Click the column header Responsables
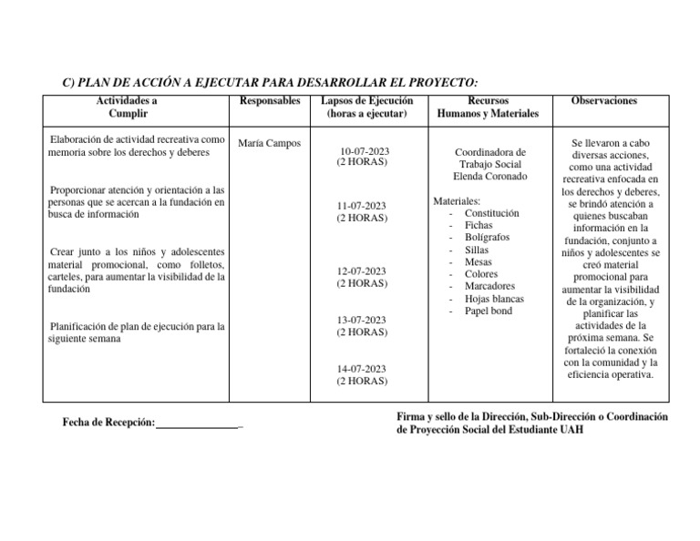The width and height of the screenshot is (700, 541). click(269, 101)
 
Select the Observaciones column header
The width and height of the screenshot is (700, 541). click(603, 101)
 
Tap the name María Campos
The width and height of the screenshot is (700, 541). click(269, 144)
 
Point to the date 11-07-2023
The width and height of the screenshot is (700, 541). click(362, 207)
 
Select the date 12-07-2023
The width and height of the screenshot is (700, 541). click(362, 271)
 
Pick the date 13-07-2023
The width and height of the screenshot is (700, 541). click(362, 321)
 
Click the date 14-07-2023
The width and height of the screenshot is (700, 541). click(362, 370)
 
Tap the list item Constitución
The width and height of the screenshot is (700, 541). click(492, 213)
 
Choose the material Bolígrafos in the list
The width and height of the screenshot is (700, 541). click(487, 238)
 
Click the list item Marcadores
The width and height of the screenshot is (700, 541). click(489, 286)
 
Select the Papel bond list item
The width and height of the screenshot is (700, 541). click(489, 311)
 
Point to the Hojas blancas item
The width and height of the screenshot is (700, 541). click(494, 299)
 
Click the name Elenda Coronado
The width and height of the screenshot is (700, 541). click(489, 176)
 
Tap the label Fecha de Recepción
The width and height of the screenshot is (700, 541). click(108, 424)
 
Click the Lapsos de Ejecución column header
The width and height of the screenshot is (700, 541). click(362, 101)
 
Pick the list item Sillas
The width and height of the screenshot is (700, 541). click(477, 250)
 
